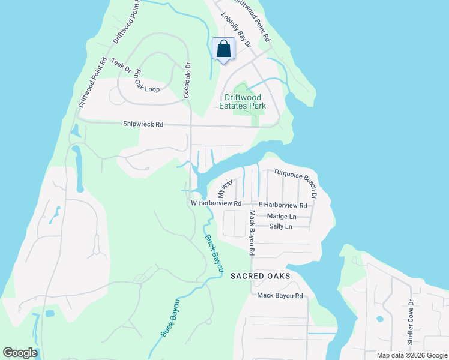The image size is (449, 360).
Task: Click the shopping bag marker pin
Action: pyautogui.click(x=223, y=49)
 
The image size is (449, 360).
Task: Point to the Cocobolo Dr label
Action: pyautogui.click(x=187, y=80)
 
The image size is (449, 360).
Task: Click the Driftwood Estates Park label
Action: pyautogui.click(x=245, y=101)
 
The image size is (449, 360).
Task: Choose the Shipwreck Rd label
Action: pyautogui.click(x=143, y=124)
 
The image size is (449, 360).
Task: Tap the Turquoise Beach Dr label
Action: pyautogui.click(x=295, y=176)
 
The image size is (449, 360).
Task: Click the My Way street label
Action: pyautogui.click(x=224, y=189)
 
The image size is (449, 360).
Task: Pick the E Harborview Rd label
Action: pyautogui.click(x=283, y=205)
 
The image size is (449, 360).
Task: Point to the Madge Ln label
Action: pyautogui.click(x=282, y=216)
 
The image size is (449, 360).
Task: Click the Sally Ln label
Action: pyautogui.click(x=280, y=226)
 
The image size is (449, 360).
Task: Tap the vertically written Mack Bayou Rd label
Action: pyautogui.click(x=253, y=233)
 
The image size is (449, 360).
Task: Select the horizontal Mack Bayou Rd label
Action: pyautogui.click(x=280, y=296)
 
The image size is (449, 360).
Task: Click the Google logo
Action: pyautogui.click(x=20, y=353)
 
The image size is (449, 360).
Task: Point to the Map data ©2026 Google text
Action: pyautogui.click(x=411, y=355)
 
